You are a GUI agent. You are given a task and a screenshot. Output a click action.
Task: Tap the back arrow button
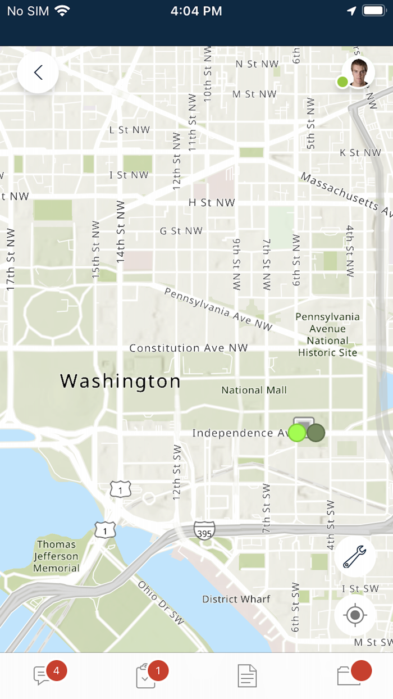coord(38,72)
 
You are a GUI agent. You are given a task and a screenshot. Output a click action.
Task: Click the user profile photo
coord(359,72)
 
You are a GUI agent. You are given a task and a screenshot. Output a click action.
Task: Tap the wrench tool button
coord(354,556)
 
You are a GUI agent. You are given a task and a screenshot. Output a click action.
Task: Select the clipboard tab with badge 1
coord(146,675)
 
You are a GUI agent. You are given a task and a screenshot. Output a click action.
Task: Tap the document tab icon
coord(247,675)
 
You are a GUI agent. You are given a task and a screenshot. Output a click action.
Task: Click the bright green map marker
coord(297,433)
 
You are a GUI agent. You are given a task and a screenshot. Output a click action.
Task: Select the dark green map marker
coord(316,433)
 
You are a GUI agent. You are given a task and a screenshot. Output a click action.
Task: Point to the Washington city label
coord(120,381)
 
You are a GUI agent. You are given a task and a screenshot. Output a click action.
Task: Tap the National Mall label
coord(254,390)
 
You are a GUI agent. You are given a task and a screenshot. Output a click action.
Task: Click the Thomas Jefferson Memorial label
coord(56,556)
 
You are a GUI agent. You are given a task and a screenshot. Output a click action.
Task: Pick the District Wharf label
coord(236,599)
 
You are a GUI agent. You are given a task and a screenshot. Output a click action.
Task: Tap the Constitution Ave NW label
coord(188,348)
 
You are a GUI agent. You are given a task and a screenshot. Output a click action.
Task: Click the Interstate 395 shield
coord(204,532)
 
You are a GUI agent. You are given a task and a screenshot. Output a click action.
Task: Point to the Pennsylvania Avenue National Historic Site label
coord(327,335)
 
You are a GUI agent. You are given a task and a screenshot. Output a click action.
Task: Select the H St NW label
coord(211,202)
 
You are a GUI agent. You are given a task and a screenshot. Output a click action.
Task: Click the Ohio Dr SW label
coord(161,602)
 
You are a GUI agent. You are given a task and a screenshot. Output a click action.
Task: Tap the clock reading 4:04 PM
coord(196,11)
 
